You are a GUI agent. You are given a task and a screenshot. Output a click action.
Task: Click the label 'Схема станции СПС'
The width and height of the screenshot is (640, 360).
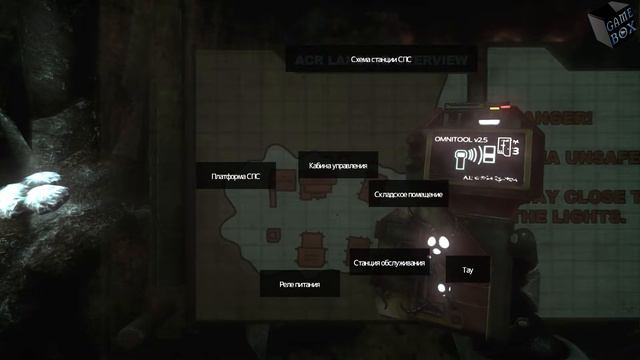pyautogui.click(x=373, y=61)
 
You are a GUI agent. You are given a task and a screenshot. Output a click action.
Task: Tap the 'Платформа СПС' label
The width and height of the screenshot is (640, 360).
pyautogui.click(x=235, y=176)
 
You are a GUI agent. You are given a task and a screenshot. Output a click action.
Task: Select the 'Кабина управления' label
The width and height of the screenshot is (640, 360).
pyautogui.click(x=337, y=166)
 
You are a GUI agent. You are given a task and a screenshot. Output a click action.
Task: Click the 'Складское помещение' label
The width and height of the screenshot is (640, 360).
pyautogui.click(x=407, y=194)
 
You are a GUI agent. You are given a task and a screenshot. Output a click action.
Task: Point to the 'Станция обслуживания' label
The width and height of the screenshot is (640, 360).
pyautogui.click(x=390, y=264)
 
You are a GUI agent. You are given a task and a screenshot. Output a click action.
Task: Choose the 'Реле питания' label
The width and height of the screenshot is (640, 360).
pyautogui.click(x=299, y=285)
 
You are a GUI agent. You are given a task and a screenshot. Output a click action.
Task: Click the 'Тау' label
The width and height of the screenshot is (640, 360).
pyautogui.click(x=467, y=270)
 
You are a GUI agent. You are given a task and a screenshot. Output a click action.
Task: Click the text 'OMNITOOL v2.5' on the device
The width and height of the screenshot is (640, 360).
pyautogui.click(x=462, y=136)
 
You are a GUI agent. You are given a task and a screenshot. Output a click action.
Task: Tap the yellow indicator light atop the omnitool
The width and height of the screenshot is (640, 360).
pyautogui.click(x=506, y=103)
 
